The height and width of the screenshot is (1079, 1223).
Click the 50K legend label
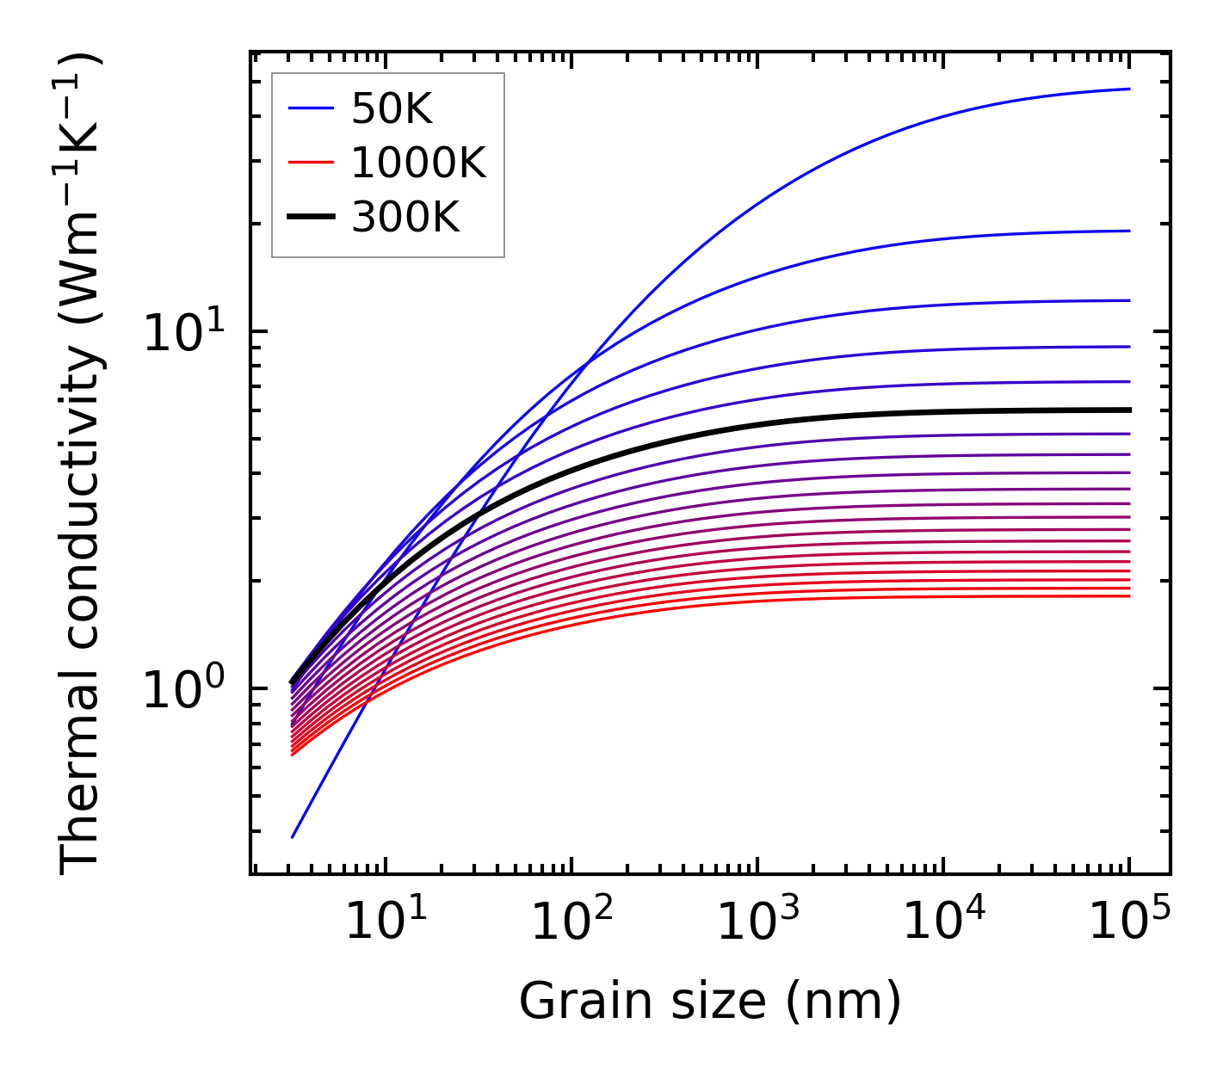392,108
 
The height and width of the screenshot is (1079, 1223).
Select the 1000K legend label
418,163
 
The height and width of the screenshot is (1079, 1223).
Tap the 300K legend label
405,218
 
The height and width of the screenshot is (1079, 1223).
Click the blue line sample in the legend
311,108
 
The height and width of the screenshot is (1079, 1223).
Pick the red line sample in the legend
311,163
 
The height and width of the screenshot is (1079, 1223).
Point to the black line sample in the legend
311,218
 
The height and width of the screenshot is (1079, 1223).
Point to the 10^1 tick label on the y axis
182,332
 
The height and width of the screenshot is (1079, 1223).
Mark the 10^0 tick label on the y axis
182,689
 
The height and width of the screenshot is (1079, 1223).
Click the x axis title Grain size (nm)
710,1002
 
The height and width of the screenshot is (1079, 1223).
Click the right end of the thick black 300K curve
1129,410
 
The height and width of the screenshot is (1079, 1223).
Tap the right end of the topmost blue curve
1129,89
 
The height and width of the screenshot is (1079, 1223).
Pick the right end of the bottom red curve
1129,596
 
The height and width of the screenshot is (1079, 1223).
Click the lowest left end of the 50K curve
293,837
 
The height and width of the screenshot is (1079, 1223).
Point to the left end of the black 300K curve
292,682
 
